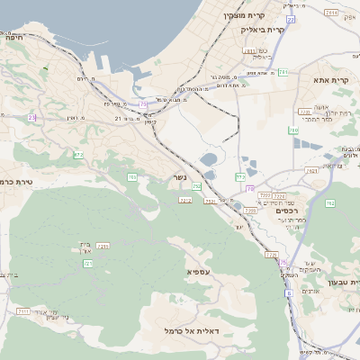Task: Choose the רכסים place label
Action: (285, 211)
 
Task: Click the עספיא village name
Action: (198, 271)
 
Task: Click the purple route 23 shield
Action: (31, 117)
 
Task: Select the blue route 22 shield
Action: (291, 19)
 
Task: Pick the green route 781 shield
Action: (283, 72)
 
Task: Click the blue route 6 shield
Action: (288, 292)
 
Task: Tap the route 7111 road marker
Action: (22, 310)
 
